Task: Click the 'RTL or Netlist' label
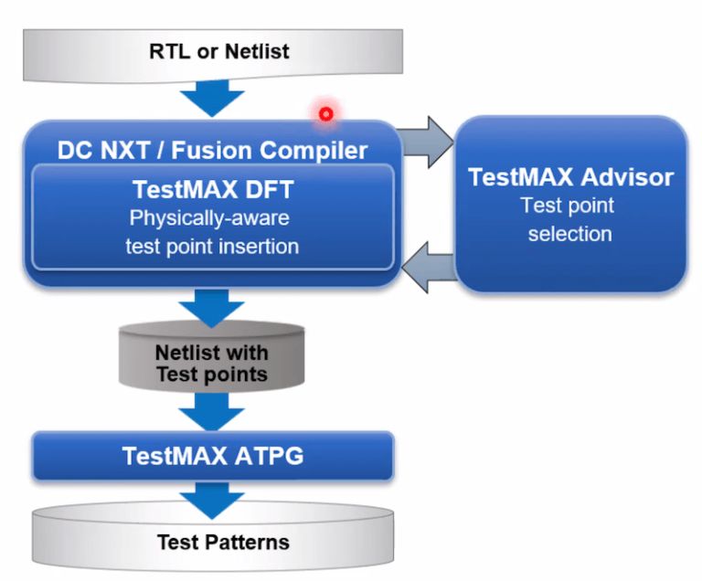(x=218, y=50)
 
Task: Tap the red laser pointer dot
(x=324, y=113)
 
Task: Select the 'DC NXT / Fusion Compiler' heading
(x=212, y=149)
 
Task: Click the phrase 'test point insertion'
(x=212, y=246)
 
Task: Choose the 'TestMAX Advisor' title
(x=571, y=176)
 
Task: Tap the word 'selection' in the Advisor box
(x=569, y=234)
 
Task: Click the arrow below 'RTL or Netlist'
(x=212, y=96)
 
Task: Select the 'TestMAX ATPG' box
(x=212, y=455)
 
